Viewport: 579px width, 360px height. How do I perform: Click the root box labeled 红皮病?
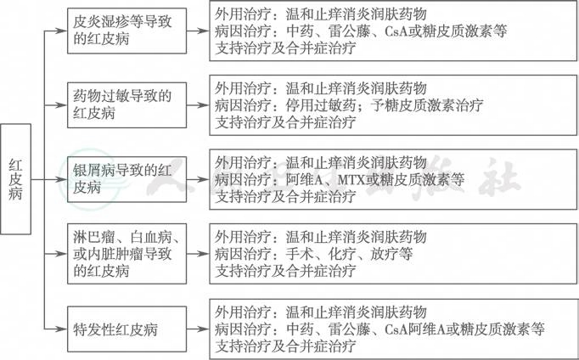click(x=15, y=179)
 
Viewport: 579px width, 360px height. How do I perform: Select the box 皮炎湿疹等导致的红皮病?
click(x=126, y=31)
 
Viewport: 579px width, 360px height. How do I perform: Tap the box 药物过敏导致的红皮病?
click(x=126, y=105)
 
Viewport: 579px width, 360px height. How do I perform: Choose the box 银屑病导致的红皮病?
click(x=126, y=179)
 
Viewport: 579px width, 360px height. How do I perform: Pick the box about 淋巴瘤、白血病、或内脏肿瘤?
click(x=126, y=254)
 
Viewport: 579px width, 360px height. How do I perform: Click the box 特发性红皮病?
click(x=126, y=329)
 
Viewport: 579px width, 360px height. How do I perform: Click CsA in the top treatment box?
click(x=396, y=31)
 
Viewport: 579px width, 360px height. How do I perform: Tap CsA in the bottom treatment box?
click(x=396, y=329)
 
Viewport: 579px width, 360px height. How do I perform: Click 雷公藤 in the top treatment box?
click(x=349, y=31)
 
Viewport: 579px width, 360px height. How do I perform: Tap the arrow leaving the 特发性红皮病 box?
click(x=198, y=329)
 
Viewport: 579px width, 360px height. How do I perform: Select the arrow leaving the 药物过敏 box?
click(x=198, y=105)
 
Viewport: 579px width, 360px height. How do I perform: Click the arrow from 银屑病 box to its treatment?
click(x=198, y=179)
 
